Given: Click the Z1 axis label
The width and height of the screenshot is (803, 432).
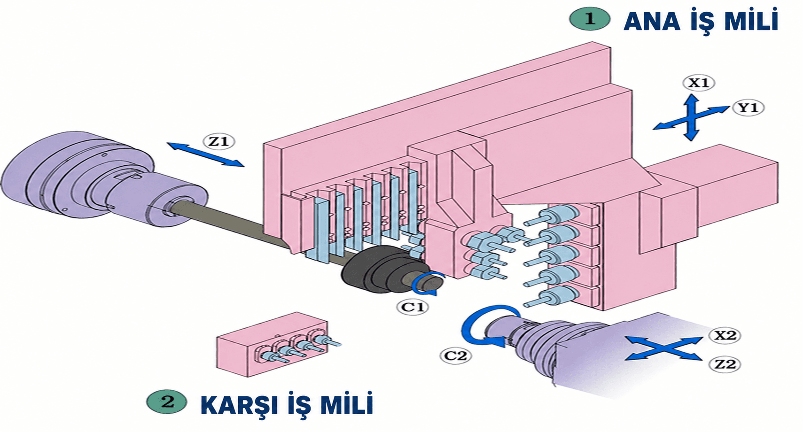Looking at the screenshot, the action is click(x=219, y=141).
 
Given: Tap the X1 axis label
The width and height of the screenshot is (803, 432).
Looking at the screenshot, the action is click(x=699, y=83).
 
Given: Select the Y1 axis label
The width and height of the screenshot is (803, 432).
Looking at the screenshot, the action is click(x=748, y=108).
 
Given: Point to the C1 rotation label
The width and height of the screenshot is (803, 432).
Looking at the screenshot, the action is click(x=413, y=307).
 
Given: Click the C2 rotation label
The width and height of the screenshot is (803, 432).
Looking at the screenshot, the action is click(x=456, y=355).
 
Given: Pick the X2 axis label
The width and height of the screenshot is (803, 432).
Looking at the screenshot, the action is click(x=725, y=335).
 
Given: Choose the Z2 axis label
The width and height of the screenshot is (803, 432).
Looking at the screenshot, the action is click(x=725, y=364).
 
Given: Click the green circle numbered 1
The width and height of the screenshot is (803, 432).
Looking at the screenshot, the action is click(x=590, y=19).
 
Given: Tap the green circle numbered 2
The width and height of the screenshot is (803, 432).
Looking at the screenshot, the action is click(x=167, y=402).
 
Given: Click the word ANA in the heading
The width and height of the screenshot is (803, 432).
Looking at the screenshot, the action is click(x=652, y=22).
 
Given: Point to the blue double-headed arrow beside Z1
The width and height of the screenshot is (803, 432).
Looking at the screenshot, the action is click(x=206, y=154).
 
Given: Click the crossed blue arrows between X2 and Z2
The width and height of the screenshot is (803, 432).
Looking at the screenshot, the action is click(x=663, y=348).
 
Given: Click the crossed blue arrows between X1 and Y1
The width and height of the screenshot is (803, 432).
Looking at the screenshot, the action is click(x=691, y=117).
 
